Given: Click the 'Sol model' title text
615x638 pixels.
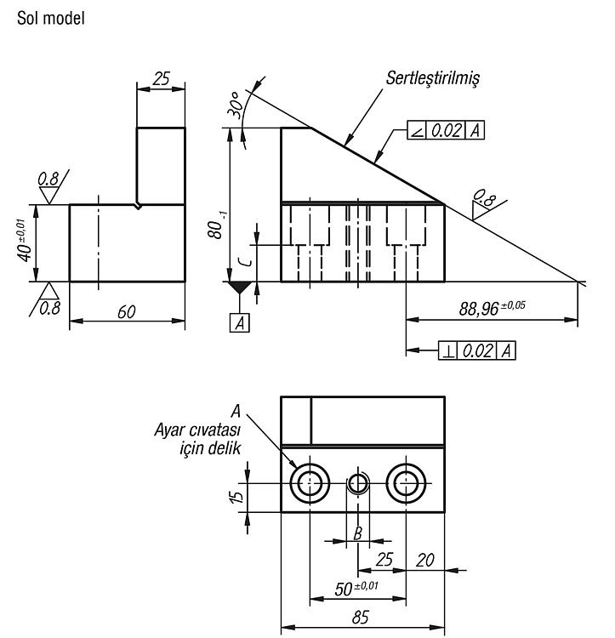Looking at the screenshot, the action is (x=50, y=19).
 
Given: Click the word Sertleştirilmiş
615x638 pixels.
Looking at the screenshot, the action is (x=433, y=77).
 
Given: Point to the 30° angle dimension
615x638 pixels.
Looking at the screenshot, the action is (x=236, y=105).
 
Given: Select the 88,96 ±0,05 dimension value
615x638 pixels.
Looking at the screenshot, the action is (x=492, y=308).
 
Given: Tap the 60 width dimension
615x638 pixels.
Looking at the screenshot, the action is (x=127, y=312).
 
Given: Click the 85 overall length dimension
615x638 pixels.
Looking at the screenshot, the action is (x=361, y=618).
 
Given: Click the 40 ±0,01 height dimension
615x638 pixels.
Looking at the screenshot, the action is (x=25, y=241).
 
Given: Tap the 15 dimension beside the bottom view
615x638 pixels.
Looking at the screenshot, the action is (x=236, y=496).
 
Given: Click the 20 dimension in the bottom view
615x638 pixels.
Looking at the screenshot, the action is (x=425, y=561).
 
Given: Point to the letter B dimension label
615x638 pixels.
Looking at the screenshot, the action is (x=357, y=533).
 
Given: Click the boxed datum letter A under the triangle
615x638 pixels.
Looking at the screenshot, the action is (x=240, y=323).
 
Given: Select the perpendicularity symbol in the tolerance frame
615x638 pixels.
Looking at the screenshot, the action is (x=448, y=350).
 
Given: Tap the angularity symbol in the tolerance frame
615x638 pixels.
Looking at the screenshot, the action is (x=417, y=131).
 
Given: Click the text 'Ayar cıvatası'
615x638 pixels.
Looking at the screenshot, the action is (x=197, y=430).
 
